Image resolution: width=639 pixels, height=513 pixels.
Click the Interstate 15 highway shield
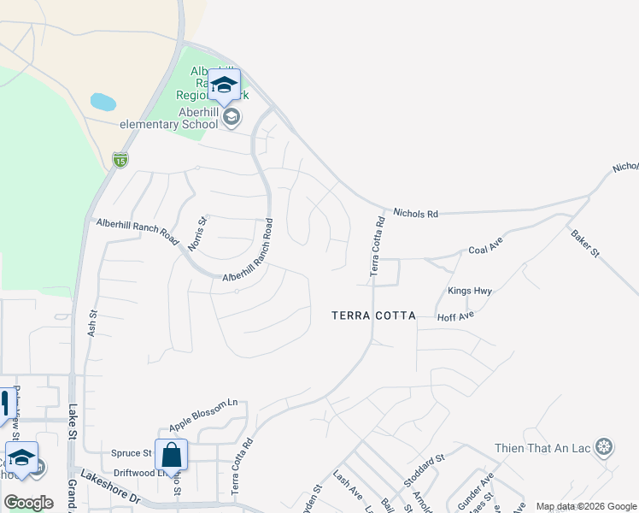120,159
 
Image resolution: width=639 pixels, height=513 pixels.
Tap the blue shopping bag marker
171,455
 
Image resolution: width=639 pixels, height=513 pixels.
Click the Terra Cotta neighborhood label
373,315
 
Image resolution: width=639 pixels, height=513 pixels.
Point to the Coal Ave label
485,251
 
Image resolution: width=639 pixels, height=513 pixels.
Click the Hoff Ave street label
455,315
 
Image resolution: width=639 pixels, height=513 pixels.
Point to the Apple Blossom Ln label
202,415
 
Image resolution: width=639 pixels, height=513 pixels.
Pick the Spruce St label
132,453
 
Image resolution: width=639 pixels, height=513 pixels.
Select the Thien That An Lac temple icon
605,447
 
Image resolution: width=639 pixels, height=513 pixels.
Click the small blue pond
103,102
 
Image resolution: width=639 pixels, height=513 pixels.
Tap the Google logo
28,502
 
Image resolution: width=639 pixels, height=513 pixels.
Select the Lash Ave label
348,488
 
